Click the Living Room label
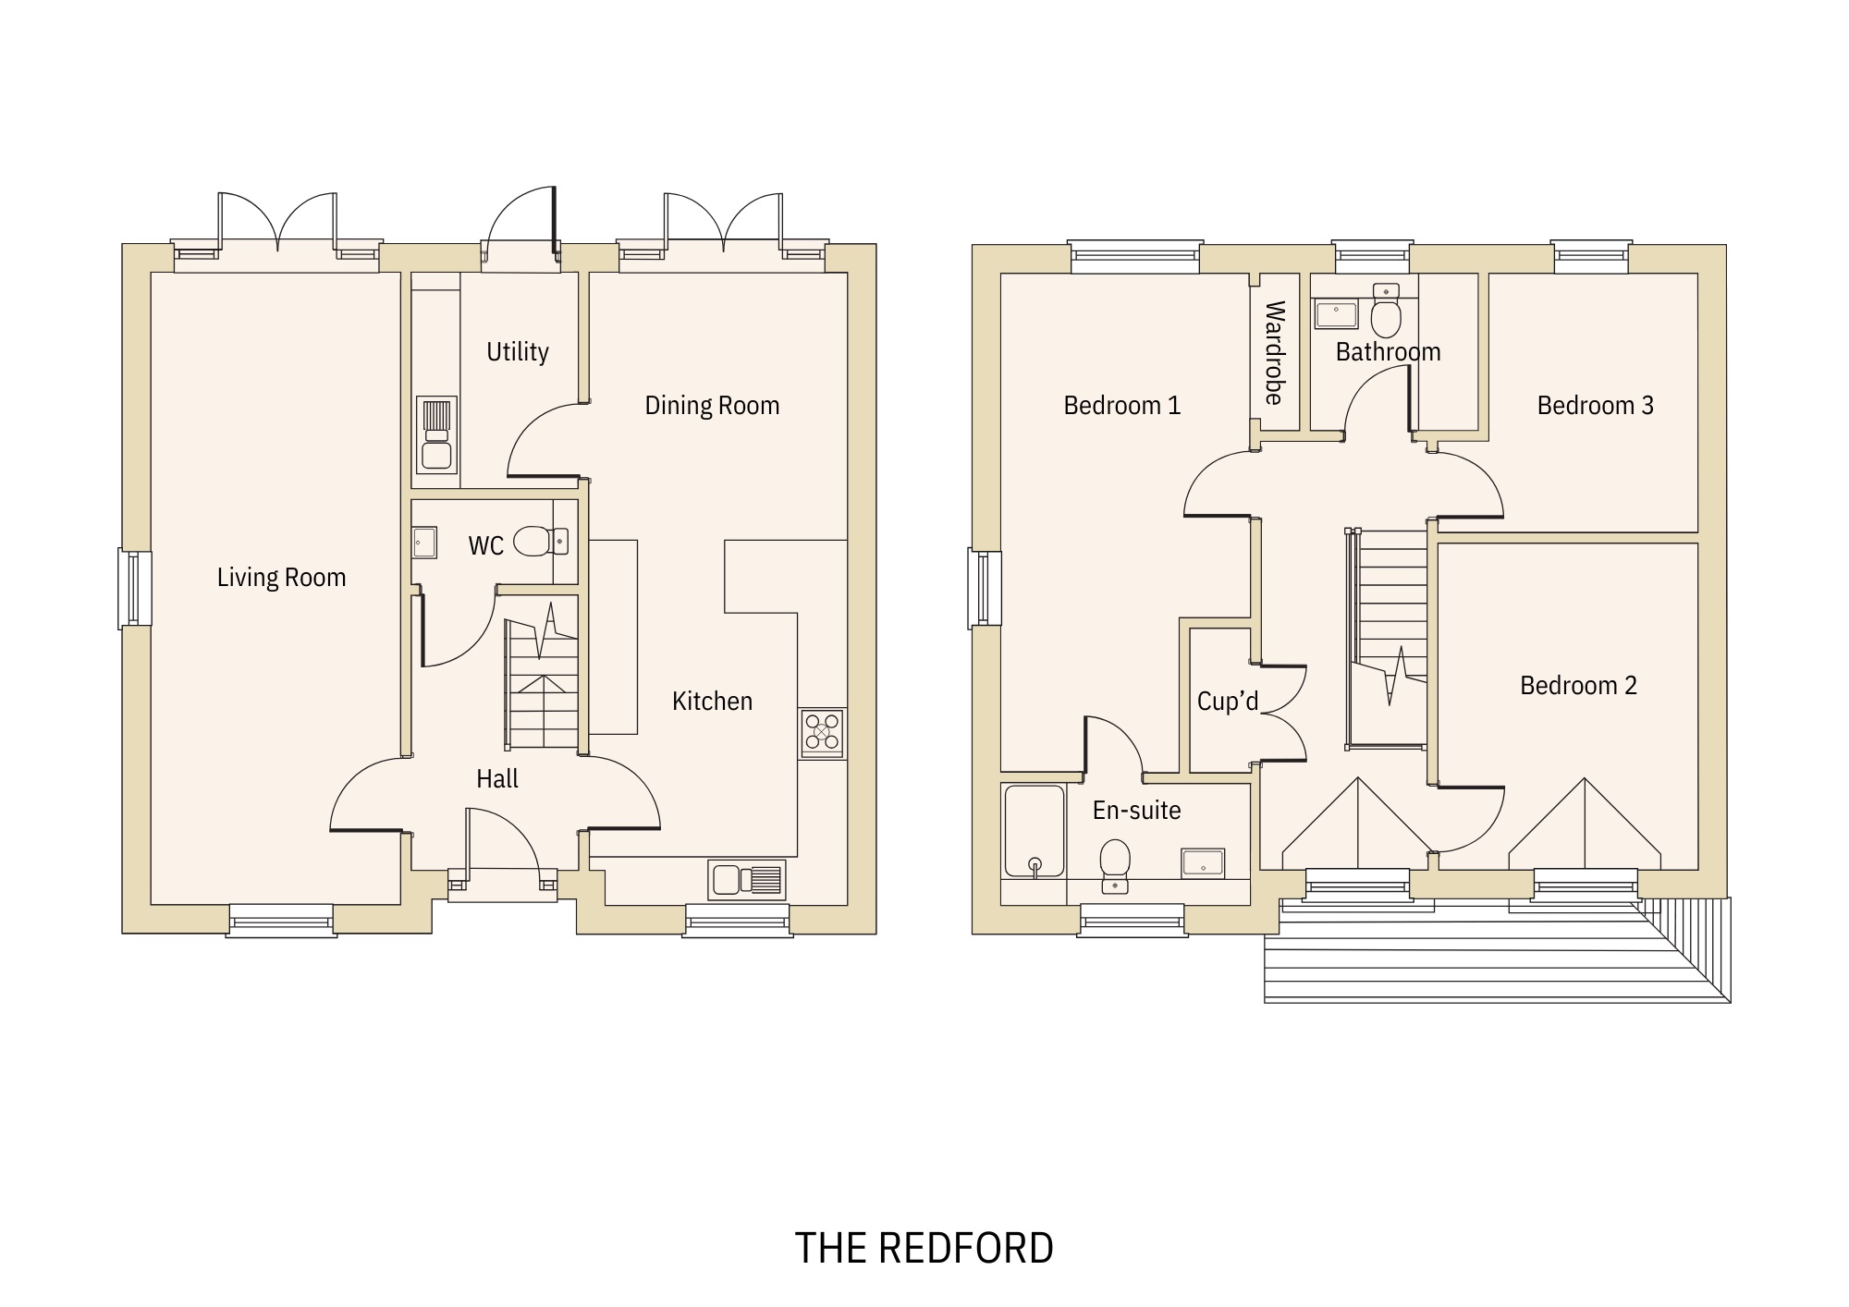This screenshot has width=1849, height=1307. click(x=281, y=578)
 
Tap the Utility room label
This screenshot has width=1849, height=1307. click(x=518, y=352)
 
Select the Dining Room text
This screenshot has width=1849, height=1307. click(x=712, y=406)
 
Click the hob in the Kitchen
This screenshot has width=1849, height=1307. click(x=822, y=733)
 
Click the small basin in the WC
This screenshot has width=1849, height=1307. click(x=424, y=542)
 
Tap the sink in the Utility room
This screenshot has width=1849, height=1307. click(x=436, y=434)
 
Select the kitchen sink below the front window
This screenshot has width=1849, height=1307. click(x=747, y=879)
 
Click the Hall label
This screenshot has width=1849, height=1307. click(x=497, y=779)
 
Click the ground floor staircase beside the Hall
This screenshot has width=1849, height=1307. click(x=543, y=684)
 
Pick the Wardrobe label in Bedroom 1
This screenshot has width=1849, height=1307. click(x=1274, y=352)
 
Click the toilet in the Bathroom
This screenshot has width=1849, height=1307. click(x=1385, y=314)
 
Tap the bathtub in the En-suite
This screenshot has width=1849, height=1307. click(x=1034, y=830)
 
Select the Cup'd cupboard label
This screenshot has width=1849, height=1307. click(x=1228, y=702)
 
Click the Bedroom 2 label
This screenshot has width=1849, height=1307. click(x=1578, y=686)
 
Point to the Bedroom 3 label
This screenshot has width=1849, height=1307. click(x=1595, y=406)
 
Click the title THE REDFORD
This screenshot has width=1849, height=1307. click(x=924, y=1248)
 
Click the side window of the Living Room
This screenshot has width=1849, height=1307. click(x=135, y=588)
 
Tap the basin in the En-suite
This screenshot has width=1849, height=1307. click(x=1203, y=863)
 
